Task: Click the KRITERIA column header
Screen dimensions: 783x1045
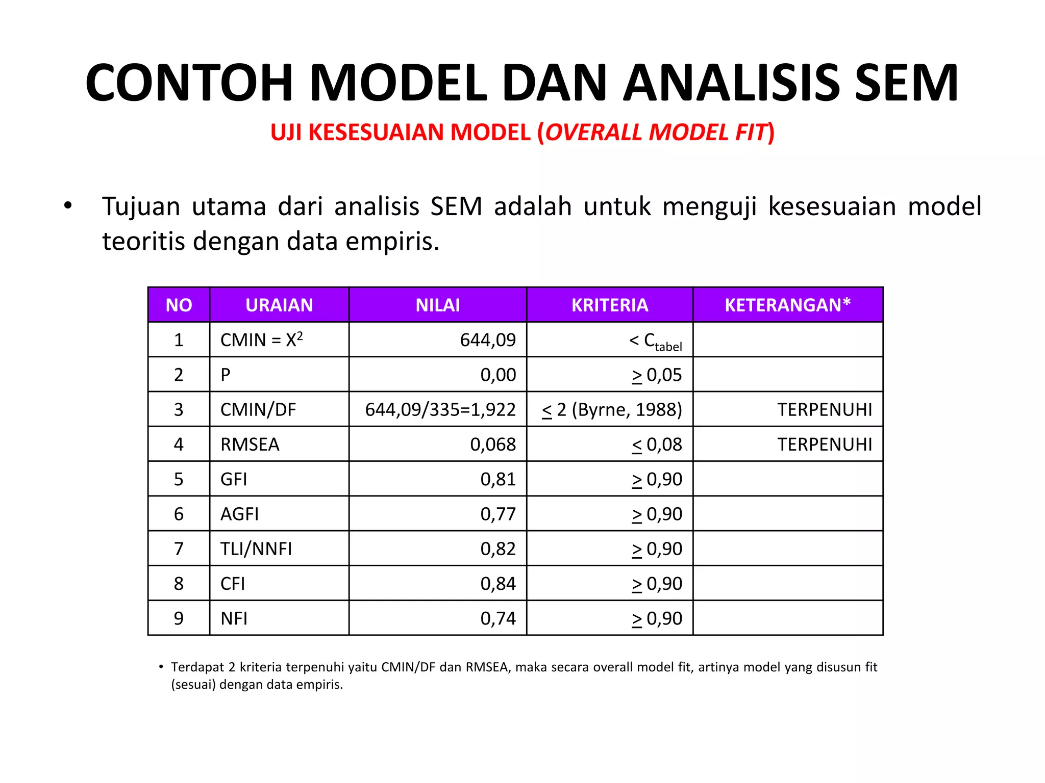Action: coord(609,305)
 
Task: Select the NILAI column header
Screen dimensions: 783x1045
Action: coord(437,305)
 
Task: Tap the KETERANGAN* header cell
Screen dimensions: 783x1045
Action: coord(787,305)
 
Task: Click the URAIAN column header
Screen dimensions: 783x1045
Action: coord(279,305)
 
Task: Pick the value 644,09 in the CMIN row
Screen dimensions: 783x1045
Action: coord(488,340)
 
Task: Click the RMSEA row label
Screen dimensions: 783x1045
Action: coord(250,445)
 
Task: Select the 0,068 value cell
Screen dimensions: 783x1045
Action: coord(493,445)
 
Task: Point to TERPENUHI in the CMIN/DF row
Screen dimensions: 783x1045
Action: coord(825,410)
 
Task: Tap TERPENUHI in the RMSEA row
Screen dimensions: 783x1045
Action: coord(825,445)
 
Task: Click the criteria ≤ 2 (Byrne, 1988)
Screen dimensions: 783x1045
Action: coord(612,410)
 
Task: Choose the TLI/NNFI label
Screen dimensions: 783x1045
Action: coord(256,549)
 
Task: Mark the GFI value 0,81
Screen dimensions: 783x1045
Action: coord(498,479)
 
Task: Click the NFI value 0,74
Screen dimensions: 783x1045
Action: coord(498,618)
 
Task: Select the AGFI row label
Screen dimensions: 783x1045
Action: coord(239,514)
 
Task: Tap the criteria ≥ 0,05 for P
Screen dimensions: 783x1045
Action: coord(657,375)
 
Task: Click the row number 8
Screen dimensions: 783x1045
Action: coord(179,584)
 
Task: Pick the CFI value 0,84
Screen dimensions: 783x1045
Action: coord(498,584)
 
